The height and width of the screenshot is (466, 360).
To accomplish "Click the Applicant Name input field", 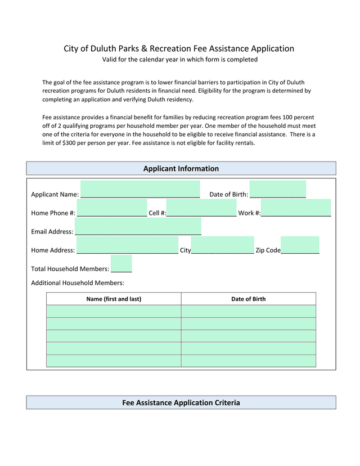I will [x=140, y=190].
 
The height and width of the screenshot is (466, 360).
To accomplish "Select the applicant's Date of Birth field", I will [x=277, y=190].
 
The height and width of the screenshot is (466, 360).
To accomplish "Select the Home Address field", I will [x=127, y=245].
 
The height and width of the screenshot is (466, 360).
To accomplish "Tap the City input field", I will [x=222, y=245].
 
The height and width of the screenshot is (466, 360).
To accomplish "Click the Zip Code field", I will [x=300, y=245].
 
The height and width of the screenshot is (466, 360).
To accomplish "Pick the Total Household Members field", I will [x=121, y=264].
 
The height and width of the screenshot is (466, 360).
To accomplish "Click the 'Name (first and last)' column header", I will [x=114, y=299].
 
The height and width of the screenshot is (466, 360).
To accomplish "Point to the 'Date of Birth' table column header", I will [x=248, y=299].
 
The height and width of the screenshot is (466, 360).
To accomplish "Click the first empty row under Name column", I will [x=114, y=311].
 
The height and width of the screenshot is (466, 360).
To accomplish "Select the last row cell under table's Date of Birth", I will [x=248, y=361].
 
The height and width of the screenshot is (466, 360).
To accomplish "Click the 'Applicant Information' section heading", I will [x=181, y=169].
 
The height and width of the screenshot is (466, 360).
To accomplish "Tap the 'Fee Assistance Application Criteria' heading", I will [x=181, y=403].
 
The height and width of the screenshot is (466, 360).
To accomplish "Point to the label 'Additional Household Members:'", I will [x=78, y=283].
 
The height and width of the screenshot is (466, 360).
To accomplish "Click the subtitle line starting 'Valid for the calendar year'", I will [x=179, y=60].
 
